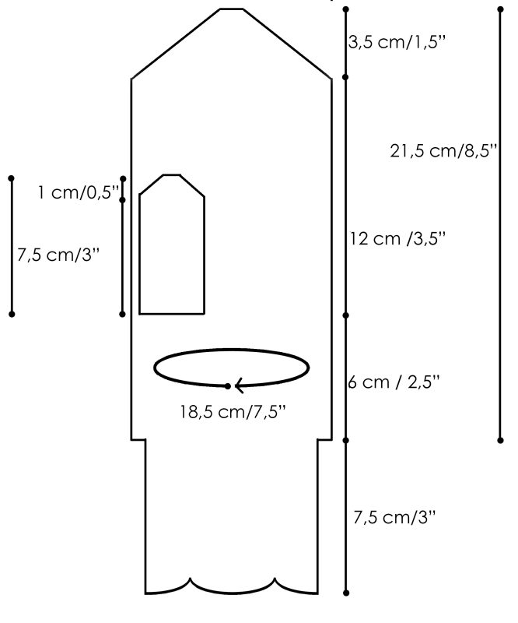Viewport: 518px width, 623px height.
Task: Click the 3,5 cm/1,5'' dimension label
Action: pos(397,41)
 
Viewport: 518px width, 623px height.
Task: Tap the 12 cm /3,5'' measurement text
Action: pos(397,239)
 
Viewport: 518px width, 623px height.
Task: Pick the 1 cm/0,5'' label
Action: pos(78,192)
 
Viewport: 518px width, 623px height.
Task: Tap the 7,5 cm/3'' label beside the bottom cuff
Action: pos(395,516)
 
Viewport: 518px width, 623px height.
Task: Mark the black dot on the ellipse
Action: pos(227,385)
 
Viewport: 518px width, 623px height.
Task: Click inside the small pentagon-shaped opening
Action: pos(171,249)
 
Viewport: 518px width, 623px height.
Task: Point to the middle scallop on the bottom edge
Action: pos(233,583)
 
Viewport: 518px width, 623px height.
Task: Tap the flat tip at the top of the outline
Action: pos(231,9)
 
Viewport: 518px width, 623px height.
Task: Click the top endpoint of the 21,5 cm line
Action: pos(500,9)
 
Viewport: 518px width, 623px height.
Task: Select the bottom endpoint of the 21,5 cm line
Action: pos(500,440)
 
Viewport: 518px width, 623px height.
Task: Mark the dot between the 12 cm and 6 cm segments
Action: pos(346,315)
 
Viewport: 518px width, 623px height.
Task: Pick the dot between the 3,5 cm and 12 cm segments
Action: pos(346,76)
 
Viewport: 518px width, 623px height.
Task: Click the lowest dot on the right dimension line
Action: pos(346,593)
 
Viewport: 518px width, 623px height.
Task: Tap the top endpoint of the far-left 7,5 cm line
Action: pos(12,179)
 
